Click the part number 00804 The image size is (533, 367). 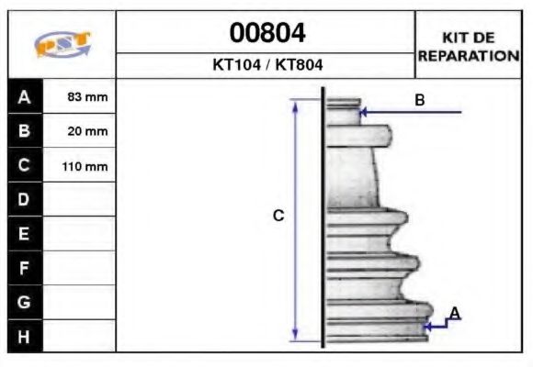pos(266,33)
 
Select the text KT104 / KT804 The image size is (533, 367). pos(266,65)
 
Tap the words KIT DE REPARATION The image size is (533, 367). pos(469,47)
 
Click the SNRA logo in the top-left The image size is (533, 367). pos(62,45)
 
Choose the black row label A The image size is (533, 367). pos(25,96)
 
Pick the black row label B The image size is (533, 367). pos(25,131)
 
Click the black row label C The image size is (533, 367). pos(25,166)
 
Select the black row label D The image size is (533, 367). pos(25,199)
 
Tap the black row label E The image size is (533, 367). pos(25,234)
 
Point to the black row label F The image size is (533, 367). pos(25,268)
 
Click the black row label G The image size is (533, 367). pos(25,302)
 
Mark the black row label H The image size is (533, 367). pos(25,336)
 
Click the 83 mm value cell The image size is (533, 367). pos(80,96)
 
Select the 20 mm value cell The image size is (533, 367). pos(80,131)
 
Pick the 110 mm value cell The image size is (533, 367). pos(80,166)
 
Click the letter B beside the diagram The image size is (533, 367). pos(419,100)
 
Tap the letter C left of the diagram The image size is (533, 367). pos(278,216)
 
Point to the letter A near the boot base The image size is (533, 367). pos(455,314)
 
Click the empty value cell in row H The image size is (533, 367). pos(80,336)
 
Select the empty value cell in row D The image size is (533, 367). pos(80,199)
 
